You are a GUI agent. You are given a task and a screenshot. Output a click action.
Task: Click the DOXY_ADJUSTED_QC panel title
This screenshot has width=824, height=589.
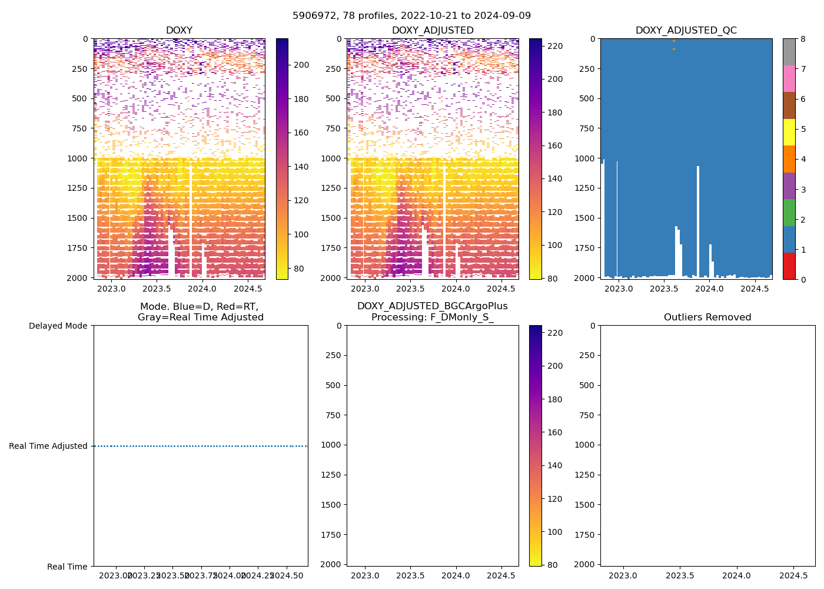(686, 31)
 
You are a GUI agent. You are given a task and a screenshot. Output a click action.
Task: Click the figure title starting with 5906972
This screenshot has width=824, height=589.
(411, 16)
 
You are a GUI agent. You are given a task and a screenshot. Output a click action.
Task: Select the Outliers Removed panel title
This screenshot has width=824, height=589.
(707, 317)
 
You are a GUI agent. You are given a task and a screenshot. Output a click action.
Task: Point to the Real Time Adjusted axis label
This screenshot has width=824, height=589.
(48, 446)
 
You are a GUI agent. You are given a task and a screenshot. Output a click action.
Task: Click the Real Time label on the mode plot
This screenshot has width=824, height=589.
(67, 567)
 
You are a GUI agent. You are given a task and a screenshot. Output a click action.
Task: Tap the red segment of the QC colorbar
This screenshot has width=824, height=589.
(789, 266)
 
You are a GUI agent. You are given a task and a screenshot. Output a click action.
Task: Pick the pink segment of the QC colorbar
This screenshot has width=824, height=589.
(789, 78)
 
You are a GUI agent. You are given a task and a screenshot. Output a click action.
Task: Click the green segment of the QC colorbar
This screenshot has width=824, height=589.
(789, 212)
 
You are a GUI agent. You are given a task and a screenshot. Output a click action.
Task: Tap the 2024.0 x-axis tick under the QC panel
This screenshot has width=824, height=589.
(709, 289)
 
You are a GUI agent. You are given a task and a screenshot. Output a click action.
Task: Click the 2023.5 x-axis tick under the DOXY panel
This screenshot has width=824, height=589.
(157, 289)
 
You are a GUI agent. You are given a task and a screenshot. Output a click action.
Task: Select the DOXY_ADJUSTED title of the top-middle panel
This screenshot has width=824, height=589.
(433, 31)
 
